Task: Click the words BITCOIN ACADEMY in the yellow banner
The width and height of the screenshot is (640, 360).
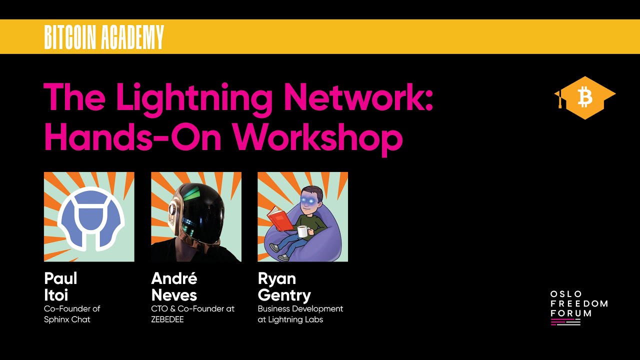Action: coord(104,37)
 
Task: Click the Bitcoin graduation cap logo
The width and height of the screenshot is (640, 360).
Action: coord(584,98)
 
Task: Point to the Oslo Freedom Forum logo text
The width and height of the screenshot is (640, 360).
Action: coord(578,303)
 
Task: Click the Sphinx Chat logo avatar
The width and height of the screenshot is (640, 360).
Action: coord(89,217)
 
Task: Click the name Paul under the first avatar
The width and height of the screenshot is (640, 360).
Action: coord(60,278)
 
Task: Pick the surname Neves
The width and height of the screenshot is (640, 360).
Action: coord(174,295)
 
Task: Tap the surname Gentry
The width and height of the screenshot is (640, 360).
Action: coord(284,295)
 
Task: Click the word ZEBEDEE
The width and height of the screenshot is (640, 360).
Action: coord(167,319)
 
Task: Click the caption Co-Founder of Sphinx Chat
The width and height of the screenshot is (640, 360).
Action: coord(72,314)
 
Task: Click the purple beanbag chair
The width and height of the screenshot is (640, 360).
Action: coord(325,245)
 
